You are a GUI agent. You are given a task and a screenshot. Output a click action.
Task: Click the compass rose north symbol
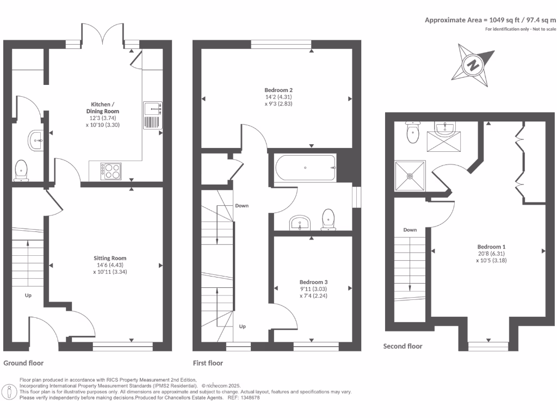[474, 66]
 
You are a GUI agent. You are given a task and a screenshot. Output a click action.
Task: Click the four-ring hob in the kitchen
[111, 171]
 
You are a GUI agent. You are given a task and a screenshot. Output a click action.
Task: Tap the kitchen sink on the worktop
[153, 115]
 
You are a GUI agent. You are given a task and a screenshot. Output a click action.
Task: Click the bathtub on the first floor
[305, 168]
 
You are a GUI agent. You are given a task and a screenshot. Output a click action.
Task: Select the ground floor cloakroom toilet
[21, 169]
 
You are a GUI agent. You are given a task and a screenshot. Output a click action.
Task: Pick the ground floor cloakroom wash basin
[34, 140]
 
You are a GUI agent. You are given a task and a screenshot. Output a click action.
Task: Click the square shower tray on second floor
[411, 176]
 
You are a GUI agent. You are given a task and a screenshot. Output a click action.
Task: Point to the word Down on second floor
[410, 230]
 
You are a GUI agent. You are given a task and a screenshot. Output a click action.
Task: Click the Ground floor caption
[23, 362]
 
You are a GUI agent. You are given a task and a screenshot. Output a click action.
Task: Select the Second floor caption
[403, 346]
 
